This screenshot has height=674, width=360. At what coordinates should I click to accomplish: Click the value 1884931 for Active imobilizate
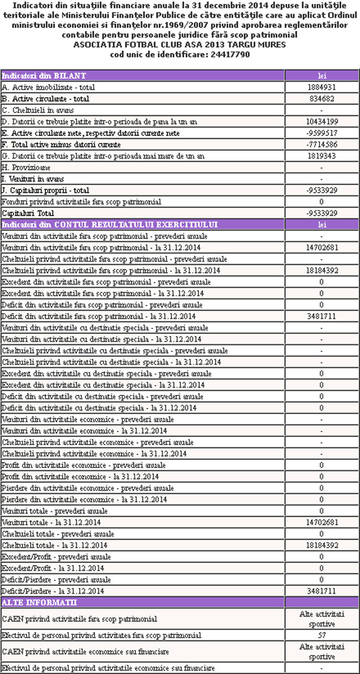(x=321, y=87)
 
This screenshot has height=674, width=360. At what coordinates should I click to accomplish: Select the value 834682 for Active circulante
(x=321, y=99)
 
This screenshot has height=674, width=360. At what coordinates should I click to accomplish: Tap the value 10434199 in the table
(x=321, y=122)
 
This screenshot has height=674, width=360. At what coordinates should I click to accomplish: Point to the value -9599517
(x=321, y=133)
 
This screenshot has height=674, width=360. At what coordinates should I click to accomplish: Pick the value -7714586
(x=321, y=145)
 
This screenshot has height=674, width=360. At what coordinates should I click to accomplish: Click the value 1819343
(x=321, y=156)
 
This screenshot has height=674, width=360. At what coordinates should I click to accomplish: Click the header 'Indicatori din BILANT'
(x=44, y=76)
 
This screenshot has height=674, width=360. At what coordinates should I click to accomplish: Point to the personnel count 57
(x=321, y=635)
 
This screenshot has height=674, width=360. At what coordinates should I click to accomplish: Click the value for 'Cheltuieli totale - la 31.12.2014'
(x=321, y=545)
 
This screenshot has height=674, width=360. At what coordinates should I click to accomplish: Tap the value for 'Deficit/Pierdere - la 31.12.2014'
(x=321, y=591)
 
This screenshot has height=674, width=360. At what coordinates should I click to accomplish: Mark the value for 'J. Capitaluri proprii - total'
(x=321, y=190)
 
